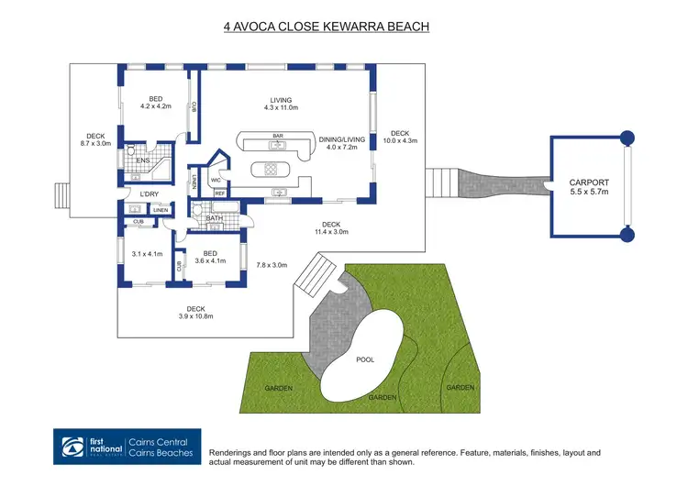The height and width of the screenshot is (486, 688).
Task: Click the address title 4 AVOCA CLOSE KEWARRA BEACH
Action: coord(327,28)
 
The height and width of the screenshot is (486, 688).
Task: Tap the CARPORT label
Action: coord(589,183)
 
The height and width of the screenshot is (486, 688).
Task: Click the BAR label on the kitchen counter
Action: coord(276,137)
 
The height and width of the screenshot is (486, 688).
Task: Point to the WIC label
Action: coord(216,180)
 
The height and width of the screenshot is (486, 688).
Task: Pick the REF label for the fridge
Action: coord(220,194)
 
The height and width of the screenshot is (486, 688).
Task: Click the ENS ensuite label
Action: coord(142,161)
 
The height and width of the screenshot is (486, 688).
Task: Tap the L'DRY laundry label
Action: coord(150,194)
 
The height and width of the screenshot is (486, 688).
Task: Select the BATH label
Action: coord(214,218)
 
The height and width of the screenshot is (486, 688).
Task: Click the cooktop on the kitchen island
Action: coord(272,168)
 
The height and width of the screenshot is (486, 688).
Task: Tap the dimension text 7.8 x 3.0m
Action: coord(271,265)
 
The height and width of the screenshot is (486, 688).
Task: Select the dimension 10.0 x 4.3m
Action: coord(400,140)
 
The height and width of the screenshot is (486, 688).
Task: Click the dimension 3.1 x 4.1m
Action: coord(147,253)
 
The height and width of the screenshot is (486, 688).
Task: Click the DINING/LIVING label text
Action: coord(342,139)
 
